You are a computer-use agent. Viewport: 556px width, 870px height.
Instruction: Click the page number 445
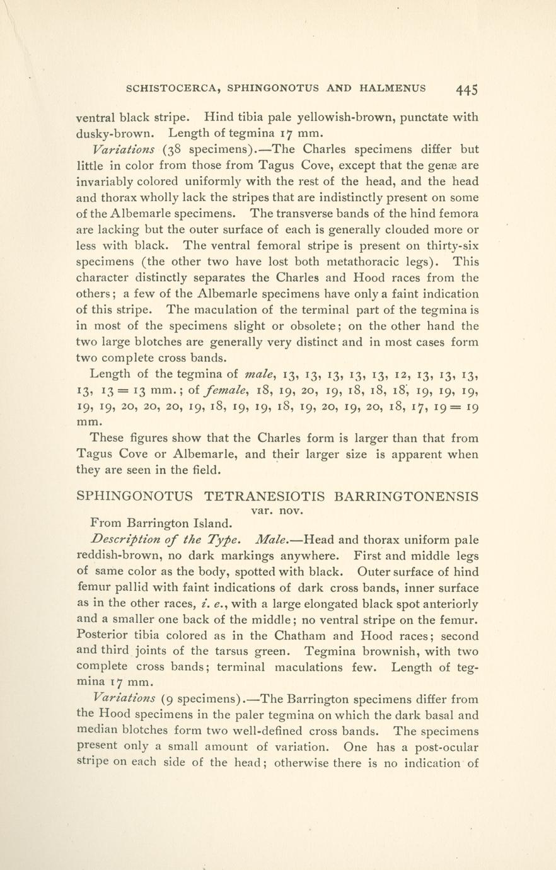pos(466,89)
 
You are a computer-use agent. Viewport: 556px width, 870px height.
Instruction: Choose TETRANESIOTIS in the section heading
pos(265,496)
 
